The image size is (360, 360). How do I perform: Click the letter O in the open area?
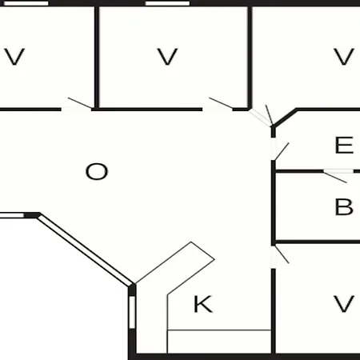(97, 171)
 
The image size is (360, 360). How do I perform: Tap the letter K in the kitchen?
(203, 304)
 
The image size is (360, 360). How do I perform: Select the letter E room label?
(344, 145)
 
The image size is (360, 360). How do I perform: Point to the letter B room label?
(344, 206)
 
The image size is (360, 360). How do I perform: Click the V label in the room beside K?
(344, 304)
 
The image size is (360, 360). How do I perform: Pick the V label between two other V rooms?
(167, 57)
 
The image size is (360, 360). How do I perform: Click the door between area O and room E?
(278, 151)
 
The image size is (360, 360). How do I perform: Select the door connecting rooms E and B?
(338, 174)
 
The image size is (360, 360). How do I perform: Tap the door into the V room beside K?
(278, 255)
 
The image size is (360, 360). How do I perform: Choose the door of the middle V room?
(218, 105)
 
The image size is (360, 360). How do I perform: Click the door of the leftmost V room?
(77, 105)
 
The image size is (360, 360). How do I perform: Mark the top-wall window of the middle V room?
(167, 3)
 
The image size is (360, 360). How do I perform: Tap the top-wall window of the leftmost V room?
(26, 3)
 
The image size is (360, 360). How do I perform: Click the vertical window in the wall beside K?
(132, 312)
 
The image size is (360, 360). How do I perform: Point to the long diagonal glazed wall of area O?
(85, 250)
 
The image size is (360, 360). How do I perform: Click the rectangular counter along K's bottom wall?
(219, 342)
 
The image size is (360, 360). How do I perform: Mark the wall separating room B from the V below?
(317, 242)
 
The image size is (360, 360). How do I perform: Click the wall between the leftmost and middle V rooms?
(97, 57)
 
